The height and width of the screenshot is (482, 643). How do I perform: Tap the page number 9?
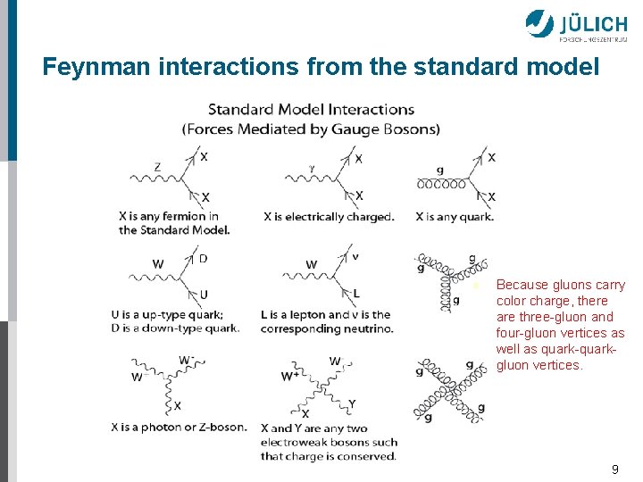(614, 469)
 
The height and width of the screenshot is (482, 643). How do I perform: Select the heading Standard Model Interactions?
(311, 110)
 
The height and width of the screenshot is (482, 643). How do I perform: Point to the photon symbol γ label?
(312, 167)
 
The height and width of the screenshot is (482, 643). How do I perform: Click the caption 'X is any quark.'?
(455, 216)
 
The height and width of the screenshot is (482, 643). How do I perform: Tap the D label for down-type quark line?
(203, 259)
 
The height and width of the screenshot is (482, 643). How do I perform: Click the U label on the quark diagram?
(204, 294)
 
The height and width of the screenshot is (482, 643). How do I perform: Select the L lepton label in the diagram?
(356, 294)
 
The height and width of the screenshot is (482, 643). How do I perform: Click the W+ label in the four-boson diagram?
(289, 376)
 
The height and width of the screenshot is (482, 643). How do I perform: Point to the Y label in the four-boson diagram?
(352, 404)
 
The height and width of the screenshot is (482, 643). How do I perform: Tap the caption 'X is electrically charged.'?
(329, 216)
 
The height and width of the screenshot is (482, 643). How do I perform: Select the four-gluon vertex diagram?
(450, 390)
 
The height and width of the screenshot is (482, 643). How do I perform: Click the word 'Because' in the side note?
(522, 285)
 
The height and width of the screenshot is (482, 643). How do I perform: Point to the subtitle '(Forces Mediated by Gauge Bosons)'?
(311, 129)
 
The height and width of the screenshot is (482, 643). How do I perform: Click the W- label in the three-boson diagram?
(187, 360)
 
